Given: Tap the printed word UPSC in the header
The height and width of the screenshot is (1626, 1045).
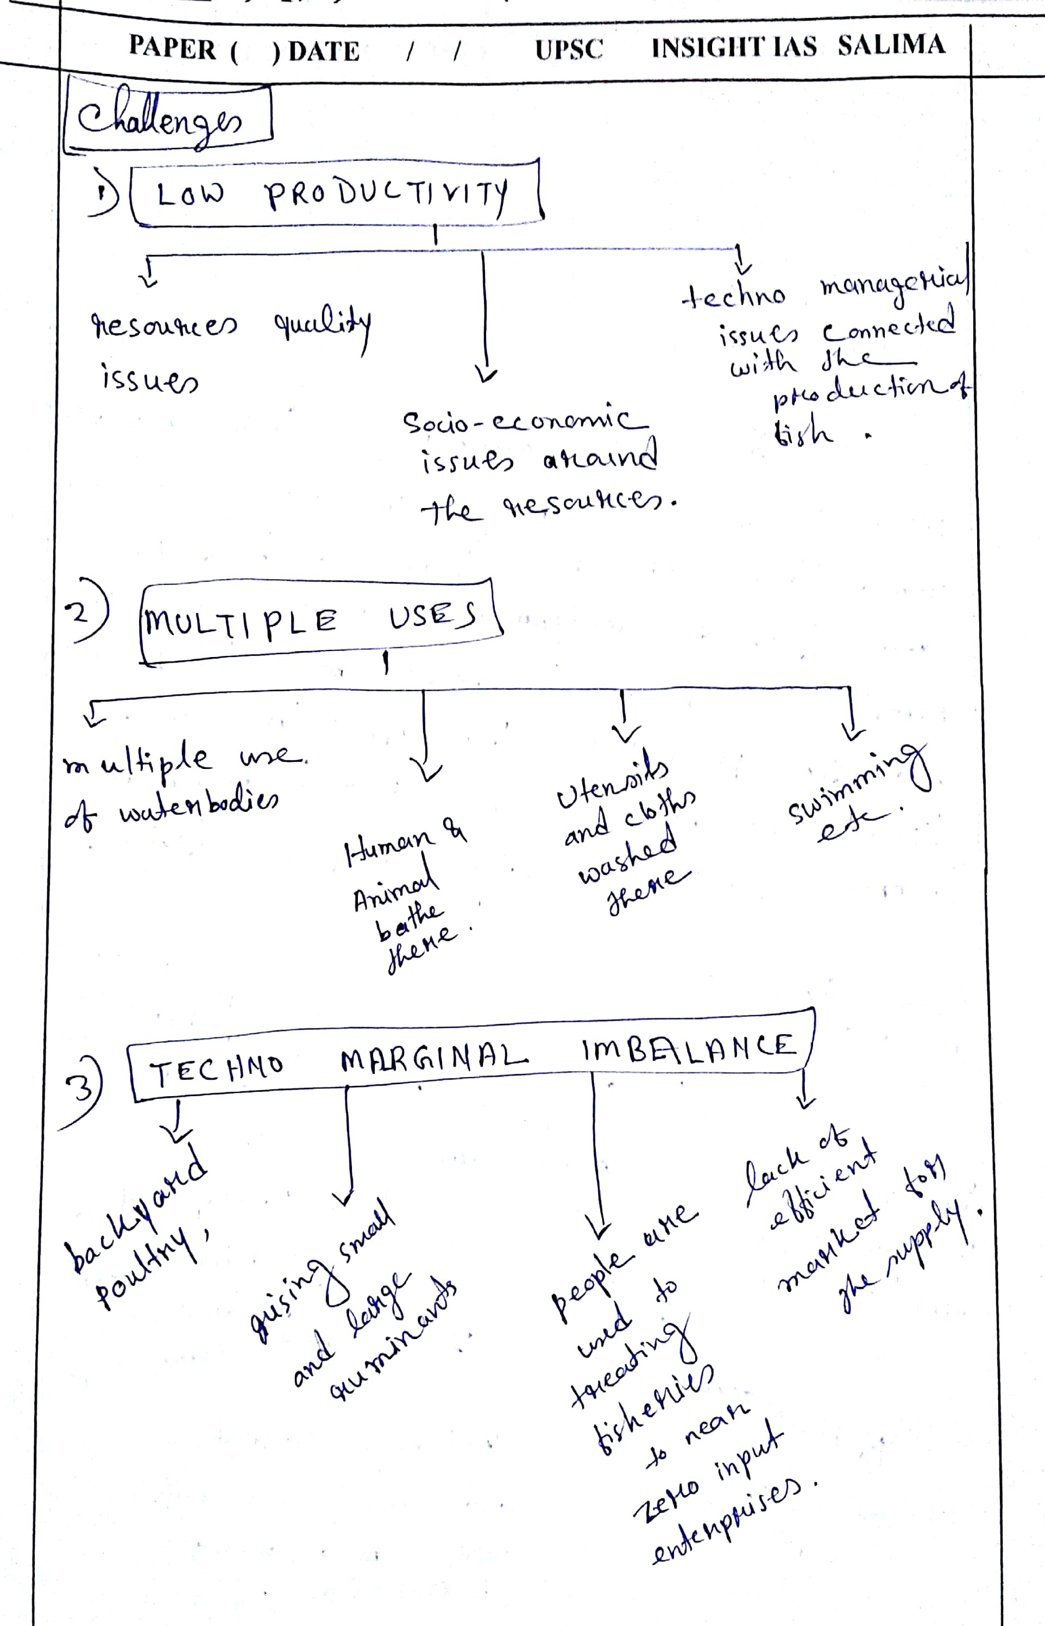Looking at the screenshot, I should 569,49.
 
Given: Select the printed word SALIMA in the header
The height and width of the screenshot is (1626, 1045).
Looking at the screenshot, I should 890,45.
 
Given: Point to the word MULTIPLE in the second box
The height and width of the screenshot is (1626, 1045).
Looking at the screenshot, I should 241,621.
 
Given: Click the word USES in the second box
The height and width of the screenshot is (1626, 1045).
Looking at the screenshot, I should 432,615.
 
